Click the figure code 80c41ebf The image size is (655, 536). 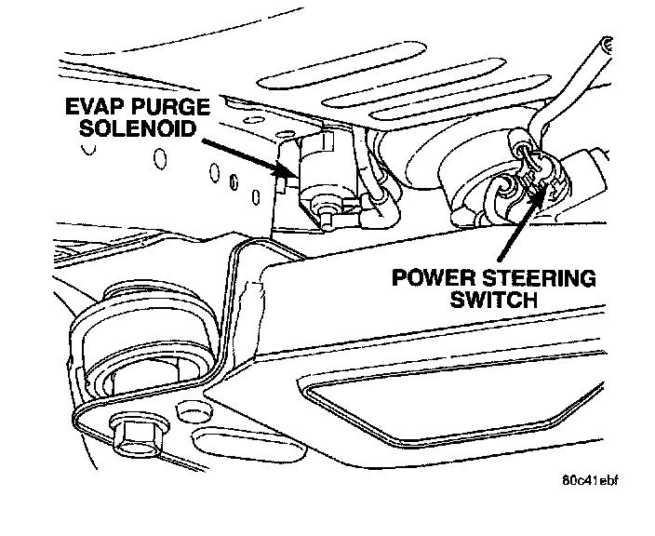point(591,483)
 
